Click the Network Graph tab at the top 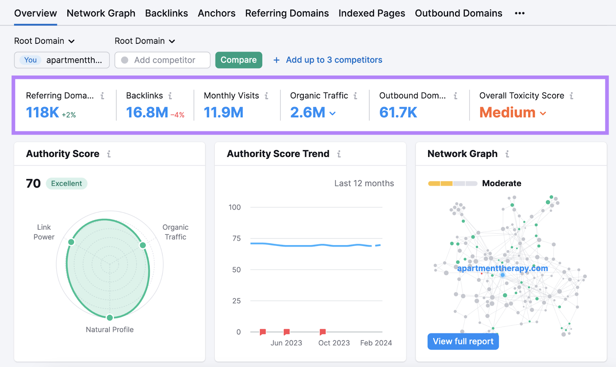pos(101,13)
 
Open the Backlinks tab pos(166,13)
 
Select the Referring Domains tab pos(287,13)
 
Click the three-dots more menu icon pos(519,13)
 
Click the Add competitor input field pos(162,60)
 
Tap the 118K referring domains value pos(42,113)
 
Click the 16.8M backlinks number pos(147,113)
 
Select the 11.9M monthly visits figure pos(223,113)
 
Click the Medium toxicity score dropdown pos(512,113)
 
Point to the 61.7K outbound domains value pos(398,113)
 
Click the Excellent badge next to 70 pos(67,184)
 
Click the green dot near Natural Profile pos(110,317)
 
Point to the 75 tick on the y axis pos(236,238)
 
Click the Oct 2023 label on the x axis pos(334,343)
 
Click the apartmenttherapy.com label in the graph pos(502,268)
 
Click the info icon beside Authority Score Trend pos(339,154)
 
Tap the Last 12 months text pos(364,183)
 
